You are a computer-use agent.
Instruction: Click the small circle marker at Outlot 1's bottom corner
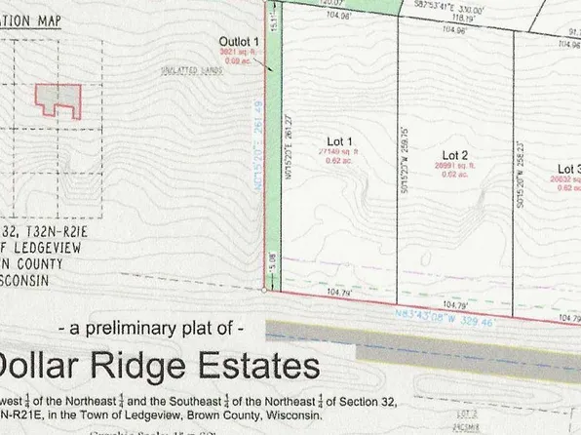pyautogui.click(x=266, y=290)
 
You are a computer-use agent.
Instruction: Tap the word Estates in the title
pyautogui.click(x=261, y=367)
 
